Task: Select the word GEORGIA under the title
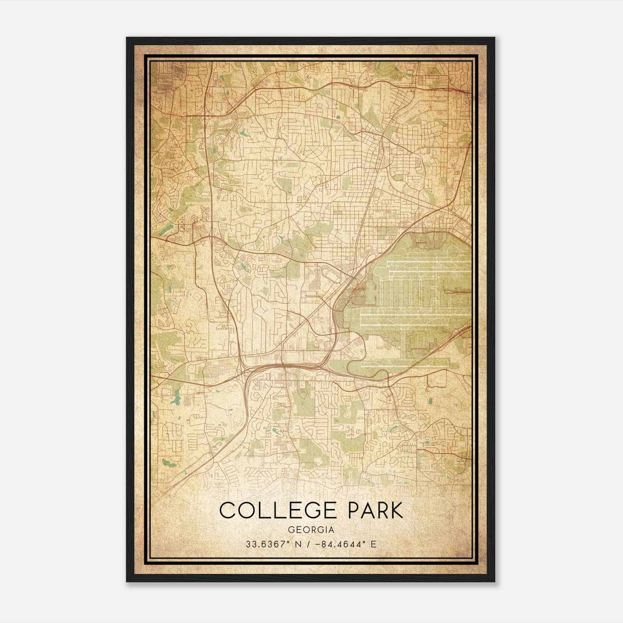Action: (x=311, y=530)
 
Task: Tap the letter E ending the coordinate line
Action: (x=373, y=544)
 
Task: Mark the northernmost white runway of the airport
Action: (x=428, y=262)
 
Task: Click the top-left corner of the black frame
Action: (x=127, y=38)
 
